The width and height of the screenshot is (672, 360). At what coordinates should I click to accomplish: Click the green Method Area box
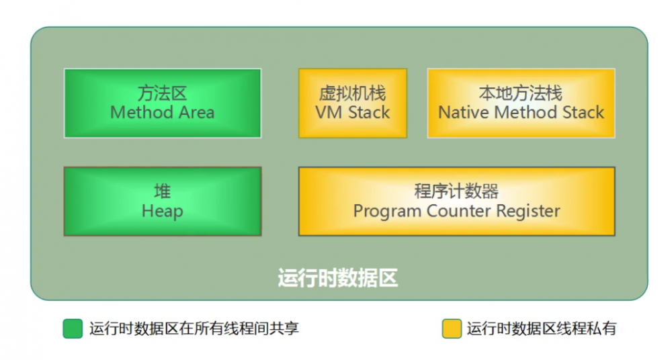[162, 103]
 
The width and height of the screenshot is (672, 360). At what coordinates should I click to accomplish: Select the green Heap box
[162, 201]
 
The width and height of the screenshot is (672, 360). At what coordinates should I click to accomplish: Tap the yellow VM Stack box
[352, 103]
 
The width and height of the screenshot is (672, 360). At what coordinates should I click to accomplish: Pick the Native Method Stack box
[521, 103]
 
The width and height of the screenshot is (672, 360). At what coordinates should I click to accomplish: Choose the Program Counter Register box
[456, 201]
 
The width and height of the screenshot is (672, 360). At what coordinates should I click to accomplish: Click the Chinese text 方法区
[162, 93]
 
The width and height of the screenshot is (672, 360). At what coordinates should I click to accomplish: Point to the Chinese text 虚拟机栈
[352, 93]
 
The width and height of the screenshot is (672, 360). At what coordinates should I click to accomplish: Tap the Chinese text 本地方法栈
[521, 93]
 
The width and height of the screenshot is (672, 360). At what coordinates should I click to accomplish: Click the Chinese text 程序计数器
[456, 191]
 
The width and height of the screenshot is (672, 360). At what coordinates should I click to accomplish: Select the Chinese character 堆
[162, 191]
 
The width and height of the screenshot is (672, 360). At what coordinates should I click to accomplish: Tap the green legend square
[72, 328]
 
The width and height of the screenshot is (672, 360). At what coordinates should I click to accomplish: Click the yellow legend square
[451, 328]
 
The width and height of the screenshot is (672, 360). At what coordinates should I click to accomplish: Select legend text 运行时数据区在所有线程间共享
[194, 328]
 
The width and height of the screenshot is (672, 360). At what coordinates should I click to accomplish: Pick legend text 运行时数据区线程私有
[542, 328]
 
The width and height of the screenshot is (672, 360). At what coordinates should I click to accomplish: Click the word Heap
[162, 212]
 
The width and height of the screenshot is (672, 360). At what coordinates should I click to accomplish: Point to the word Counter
[460, 212]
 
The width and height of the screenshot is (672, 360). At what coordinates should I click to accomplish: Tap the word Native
[464, 113]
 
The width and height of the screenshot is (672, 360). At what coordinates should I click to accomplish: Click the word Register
[528, 212]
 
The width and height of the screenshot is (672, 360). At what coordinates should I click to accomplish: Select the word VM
[327, 113]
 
